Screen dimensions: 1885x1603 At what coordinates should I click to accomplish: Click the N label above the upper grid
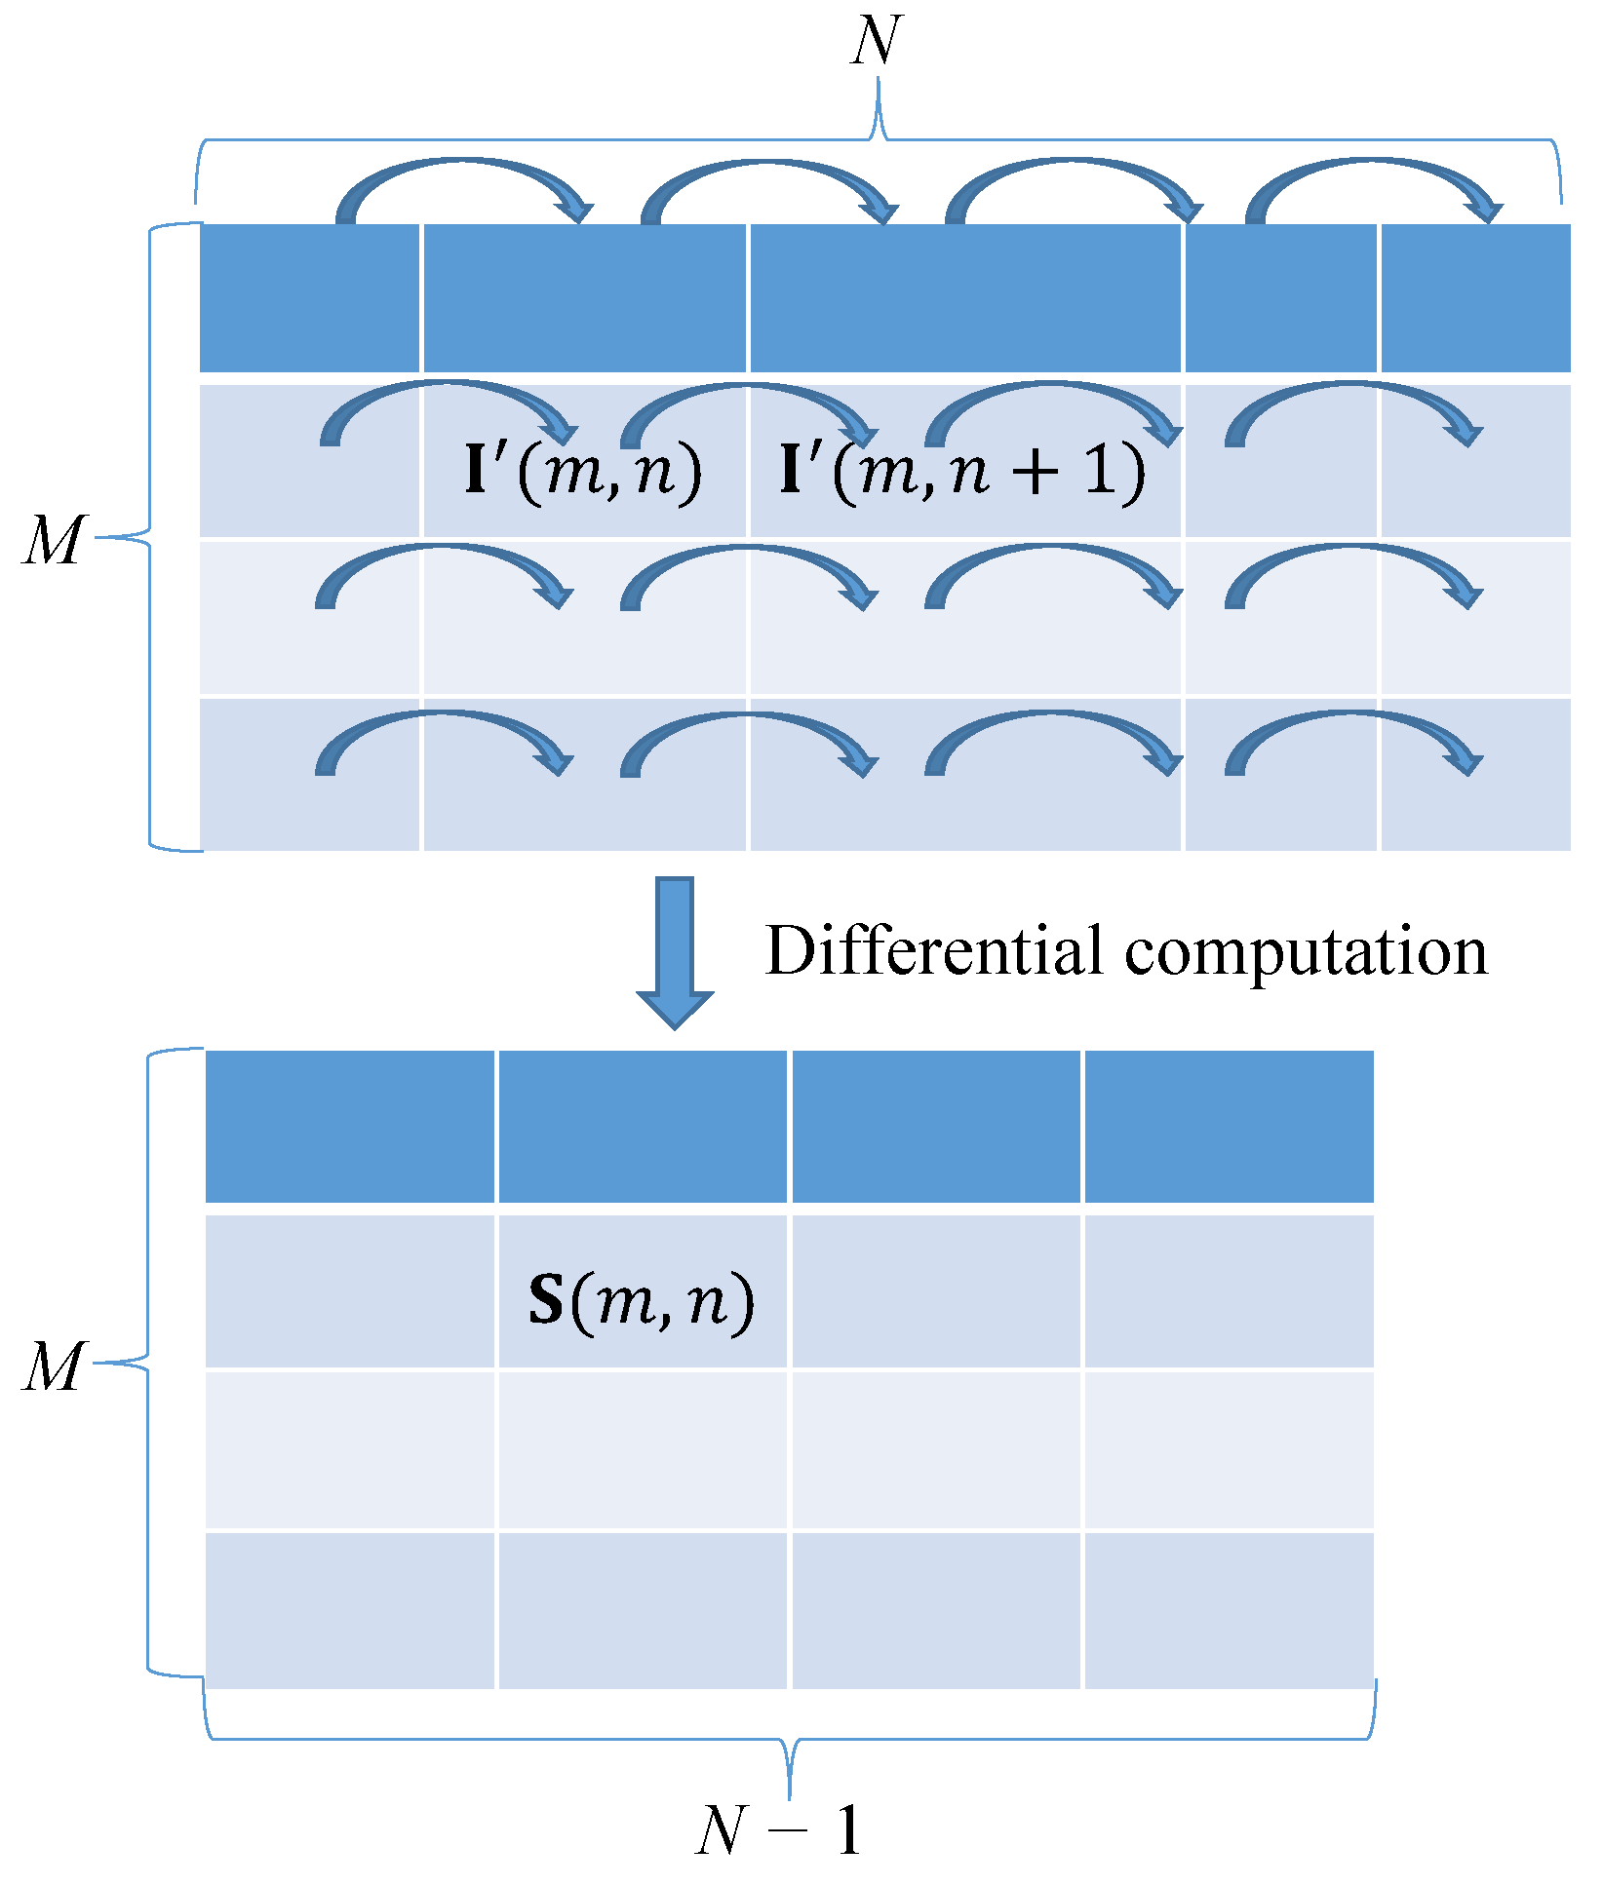tap(875, 42)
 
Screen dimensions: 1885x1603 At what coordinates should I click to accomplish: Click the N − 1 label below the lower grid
tap(779, 1829)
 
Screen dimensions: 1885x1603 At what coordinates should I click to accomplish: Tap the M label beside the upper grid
tap(54, 541)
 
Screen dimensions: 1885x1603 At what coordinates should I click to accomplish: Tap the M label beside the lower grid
tap(54, 1366)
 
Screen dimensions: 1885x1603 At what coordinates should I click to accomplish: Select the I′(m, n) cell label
tap(583, 471)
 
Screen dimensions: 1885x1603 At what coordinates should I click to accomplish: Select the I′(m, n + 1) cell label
tap(961, 471)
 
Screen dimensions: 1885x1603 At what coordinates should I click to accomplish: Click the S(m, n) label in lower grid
tap(642, 1301)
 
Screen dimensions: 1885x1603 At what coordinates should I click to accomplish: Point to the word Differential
tap(933, 950)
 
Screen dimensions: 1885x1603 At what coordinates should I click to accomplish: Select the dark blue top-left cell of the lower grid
tap(350, 1127)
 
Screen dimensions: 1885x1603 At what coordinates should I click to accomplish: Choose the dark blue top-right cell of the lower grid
tap(1229, 1127)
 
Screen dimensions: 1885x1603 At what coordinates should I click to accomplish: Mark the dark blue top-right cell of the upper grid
tap(1475, 297)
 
